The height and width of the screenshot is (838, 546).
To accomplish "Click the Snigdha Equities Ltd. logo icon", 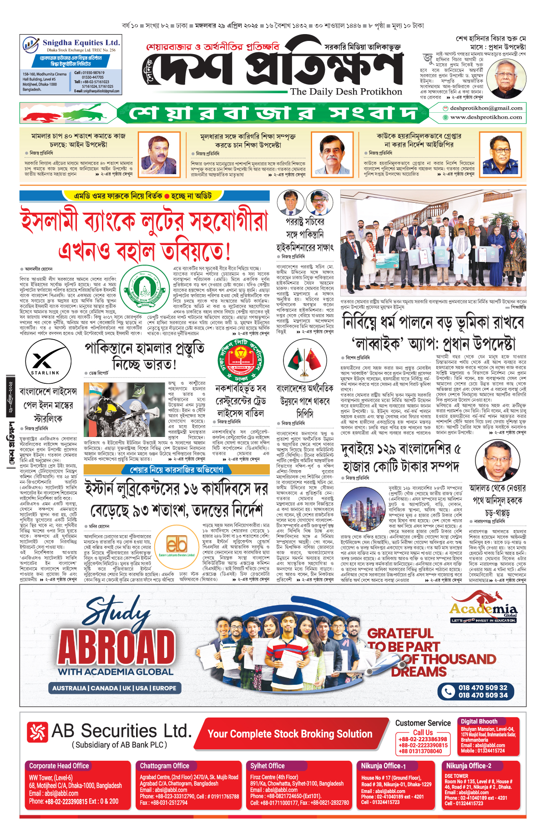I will (x=31, y=45).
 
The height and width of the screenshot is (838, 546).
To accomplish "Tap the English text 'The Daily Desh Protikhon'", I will (x=346, y=91).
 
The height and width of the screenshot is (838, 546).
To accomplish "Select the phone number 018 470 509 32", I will (x=483, y=687).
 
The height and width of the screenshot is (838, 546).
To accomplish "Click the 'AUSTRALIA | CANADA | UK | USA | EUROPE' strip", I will (x=114, y=688).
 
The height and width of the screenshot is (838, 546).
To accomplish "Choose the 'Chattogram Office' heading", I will (x=165, y=766).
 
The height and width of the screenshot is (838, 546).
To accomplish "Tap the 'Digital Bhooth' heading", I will (x=479, y=721).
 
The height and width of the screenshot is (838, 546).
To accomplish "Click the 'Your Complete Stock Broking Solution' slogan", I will (x=290, y=733).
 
